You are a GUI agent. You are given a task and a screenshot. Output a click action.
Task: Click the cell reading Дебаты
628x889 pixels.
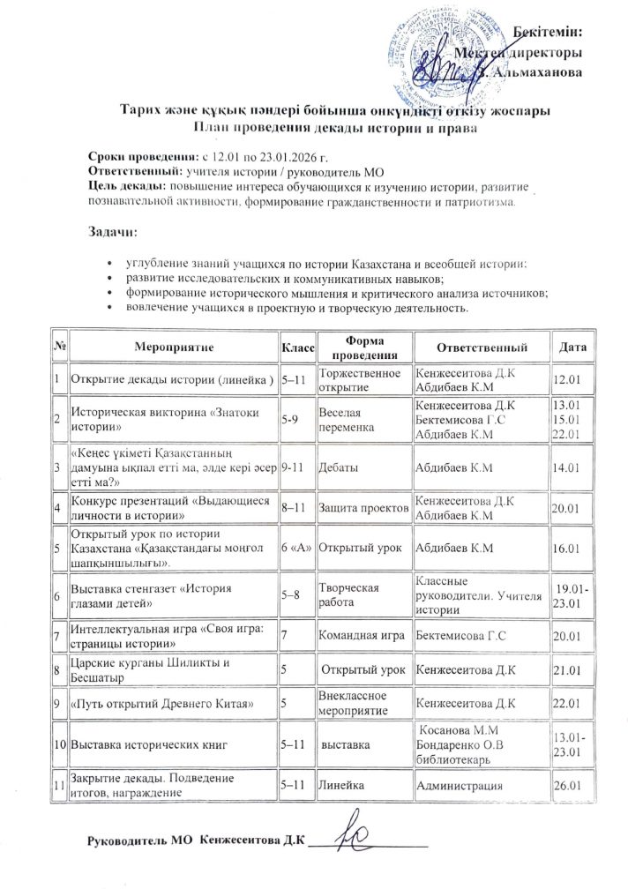tap(339, 466)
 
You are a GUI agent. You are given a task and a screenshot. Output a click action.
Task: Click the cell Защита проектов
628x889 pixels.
tap(363, 508)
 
